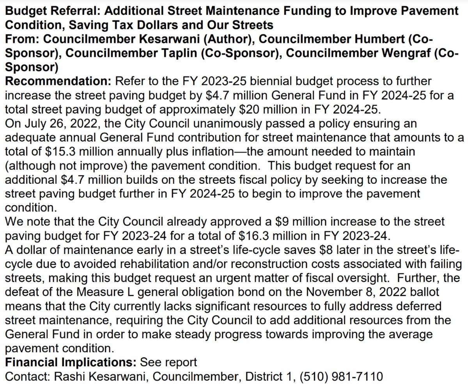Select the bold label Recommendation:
tap(58, 82)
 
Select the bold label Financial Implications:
tap(70, 362)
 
